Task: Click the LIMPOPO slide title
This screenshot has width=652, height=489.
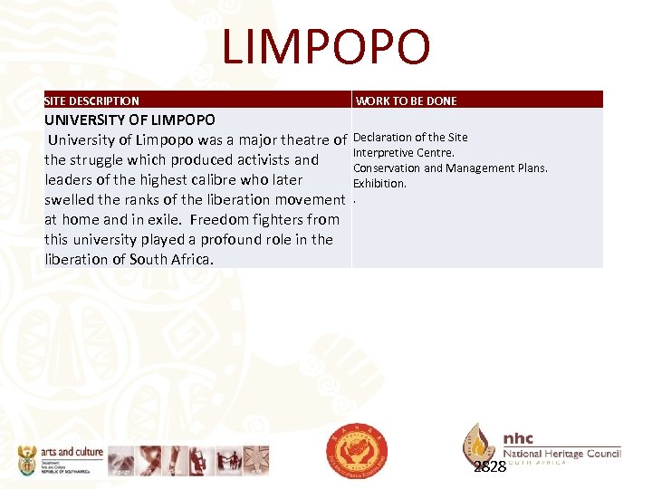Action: pyautogui.click(x=326, y=47)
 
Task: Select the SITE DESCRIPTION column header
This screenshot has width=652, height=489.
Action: pyautogui.click(x=92, y=101)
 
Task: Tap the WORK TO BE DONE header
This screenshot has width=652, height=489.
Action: pyautogui.click(x=406, y=101)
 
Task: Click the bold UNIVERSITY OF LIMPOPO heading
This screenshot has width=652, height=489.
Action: pyautogui.click(x=130, y=120)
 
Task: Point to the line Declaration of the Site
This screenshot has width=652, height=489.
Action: pyautogui.click(x=410, y=138)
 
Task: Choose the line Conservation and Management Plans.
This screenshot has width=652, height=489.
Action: pyautogui.click(x=450, y=168)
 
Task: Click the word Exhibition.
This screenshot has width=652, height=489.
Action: pyautogui.click(x=379, y=183)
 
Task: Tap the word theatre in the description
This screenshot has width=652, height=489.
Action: pyautogui.click(x=299, y=139)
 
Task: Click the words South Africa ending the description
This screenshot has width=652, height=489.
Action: pyautogui.click(x=171, y=259)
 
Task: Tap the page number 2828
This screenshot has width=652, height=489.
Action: pyautogui.click(x=490, y=466)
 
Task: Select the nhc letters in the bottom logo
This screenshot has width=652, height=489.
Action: pyautogui.click(x=523, y=438)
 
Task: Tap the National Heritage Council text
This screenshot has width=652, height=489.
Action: pyautogui.click(x=561, y=453)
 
